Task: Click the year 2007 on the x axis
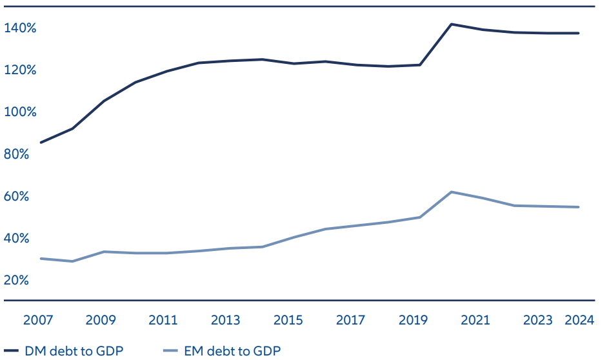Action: pyautogui.click(x=38, y=321)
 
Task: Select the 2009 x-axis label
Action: pyautogui.click(x=101, y=321)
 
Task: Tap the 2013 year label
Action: pyautogui.click(x=226, y=321)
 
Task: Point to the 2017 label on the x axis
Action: pyautogui.click(x=351, y=321)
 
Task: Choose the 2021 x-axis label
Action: pyautogui.click(x=475, y=321)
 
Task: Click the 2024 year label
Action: pyautogui.click(x=579, y=321)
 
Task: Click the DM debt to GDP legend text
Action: pyautogui.click(x=74, y=352)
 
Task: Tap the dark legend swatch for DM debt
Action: pyautogui.click(x=12, y=352)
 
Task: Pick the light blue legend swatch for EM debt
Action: pyautogui.click(x=170, y=352)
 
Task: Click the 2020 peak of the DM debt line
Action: pyautogui.click(x=451, y=25)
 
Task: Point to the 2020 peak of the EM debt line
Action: pyautogui.click(x=452, y=192)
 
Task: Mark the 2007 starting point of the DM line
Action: pyautogui.click(x=41, y=143)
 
